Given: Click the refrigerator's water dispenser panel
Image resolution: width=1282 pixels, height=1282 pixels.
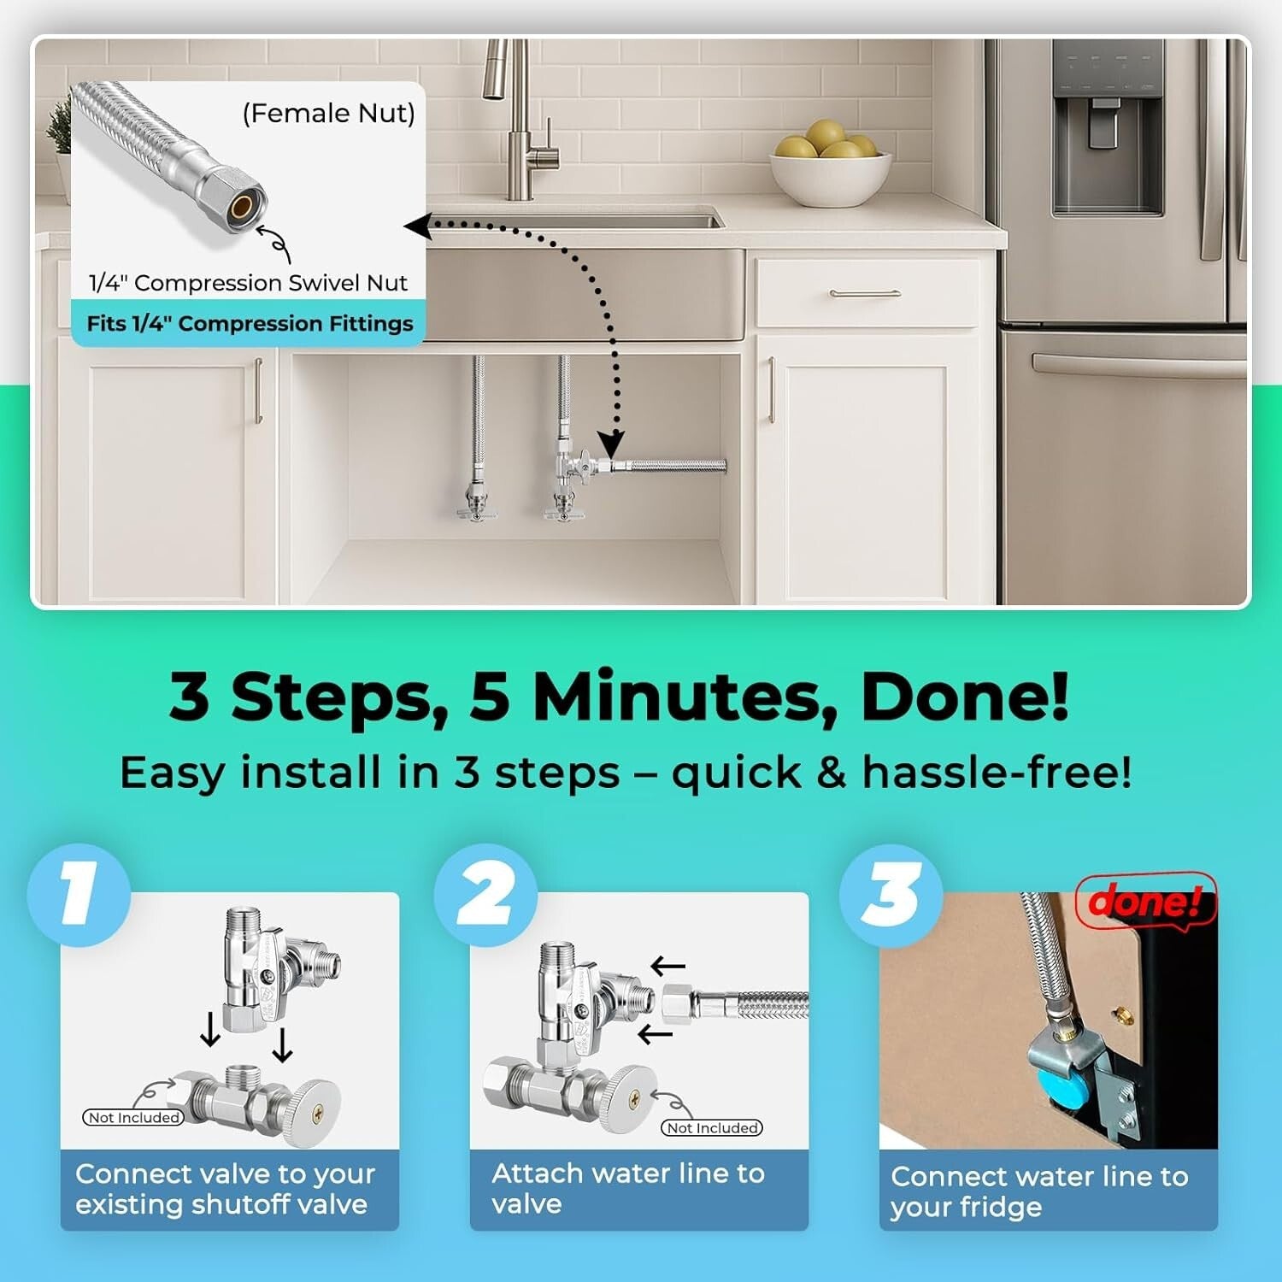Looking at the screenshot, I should point(1108,128).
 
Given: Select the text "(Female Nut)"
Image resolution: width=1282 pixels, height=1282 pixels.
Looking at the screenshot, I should point(329,113).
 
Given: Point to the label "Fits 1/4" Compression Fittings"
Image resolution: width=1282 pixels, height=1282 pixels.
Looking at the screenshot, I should point(250,324).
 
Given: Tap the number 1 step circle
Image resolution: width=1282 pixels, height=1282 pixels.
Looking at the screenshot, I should point(79,894).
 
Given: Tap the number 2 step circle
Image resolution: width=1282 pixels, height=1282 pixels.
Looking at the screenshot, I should point(485,894).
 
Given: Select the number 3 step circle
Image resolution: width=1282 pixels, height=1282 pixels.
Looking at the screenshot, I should point(891,894).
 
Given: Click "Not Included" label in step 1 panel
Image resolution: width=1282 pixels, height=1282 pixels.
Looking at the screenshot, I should point(133,1118).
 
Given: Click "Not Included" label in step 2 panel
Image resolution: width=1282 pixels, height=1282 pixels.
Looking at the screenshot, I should point(712,1128).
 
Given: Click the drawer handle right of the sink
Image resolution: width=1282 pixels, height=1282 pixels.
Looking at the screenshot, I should point(864,293).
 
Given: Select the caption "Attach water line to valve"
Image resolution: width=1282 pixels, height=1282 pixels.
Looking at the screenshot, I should point(627,1188).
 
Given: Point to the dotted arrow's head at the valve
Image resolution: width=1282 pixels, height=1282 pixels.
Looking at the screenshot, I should point(610,444).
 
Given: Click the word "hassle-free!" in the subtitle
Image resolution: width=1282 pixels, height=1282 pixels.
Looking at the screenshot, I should point(997,773).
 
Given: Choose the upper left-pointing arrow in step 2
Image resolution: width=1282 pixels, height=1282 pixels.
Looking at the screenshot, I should point(667,967).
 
